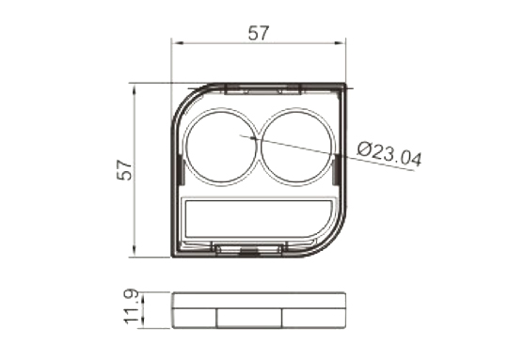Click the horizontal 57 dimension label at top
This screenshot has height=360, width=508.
(259, 33)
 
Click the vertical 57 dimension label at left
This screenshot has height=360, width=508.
(124, 169)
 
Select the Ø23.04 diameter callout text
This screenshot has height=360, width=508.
(389, 154)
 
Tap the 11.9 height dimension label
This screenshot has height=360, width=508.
(131, 306)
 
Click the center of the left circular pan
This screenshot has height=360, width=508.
(221, 148)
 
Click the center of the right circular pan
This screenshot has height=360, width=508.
(296, 148)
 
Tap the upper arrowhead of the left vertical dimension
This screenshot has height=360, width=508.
(135, 88)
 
